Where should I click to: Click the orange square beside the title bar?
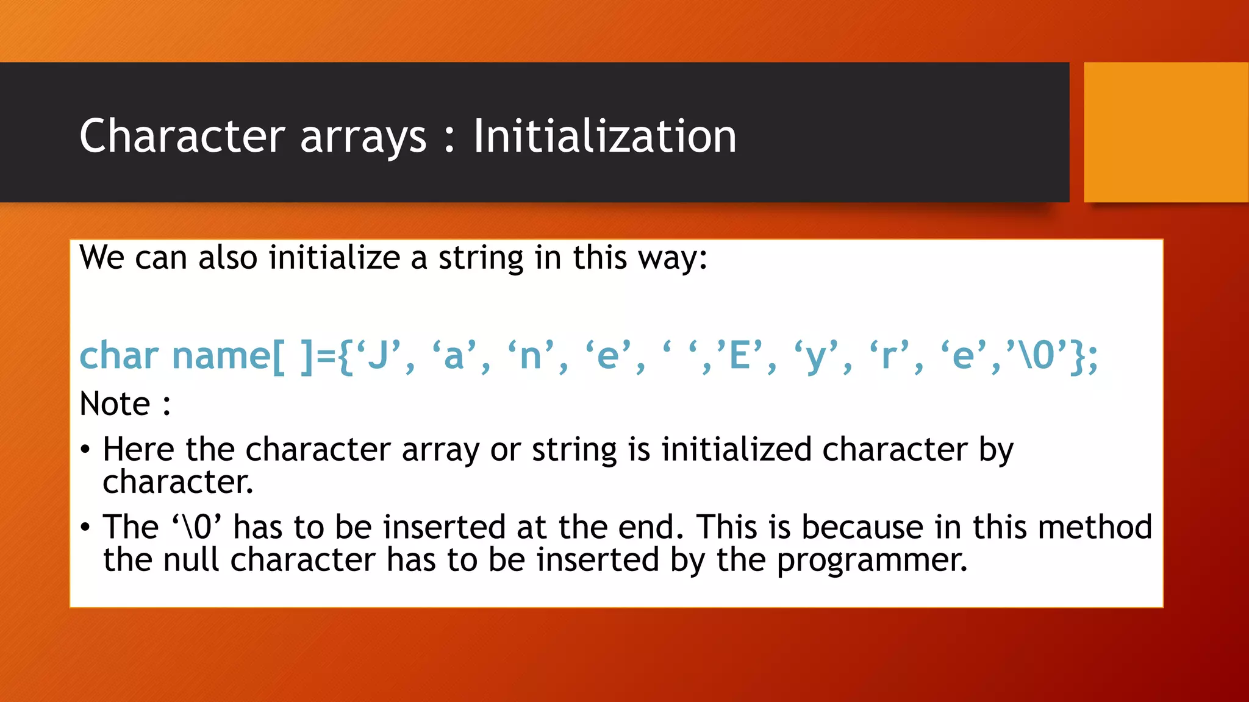pyautogui.click(x=1165, y=132)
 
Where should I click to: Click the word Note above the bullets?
pyautogui.click(x=115, y=404)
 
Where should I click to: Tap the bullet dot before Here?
pyautogui.click(x=85, y=450)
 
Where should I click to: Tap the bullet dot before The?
pyautogui.click(x=85, y=527)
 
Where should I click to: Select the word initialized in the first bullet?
pyautogui.click(x=737, y=450)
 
